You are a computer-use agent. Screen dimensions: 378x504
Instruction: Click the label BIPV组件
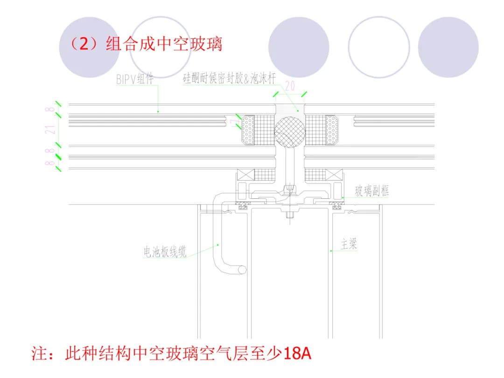(x=135, y=79)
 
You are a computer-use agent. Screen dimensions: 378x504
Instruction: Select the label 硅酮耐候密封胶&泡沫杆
(x=229, y=79)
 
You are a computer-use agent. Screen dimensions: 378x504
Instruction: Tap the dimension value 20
(x=290, y=85)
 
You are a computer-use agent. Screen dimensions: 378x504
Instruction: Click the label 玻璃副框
(x=372, y=190)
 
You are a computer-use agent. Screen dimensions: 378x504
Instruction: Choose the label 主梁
(x=349, y=244)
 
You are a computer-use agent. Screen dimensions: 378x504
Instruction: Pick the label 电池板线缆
(x=165, y=252)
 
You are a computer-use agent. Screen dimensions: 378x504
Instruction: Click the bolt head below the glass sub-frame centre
(x=289, y=216)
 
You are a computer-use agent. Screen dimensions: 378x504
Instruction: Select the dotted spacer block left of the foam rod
(x=248, y=129)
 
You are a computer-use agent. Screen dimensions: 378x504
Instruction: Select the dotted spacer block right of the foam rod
(x=332, y=129)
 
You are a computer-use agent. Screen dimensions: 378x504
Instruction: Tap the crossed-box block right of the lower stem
(x=334, y=175)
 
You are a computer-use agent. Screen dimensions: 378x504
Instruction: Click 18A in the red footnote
(x=297, y=353)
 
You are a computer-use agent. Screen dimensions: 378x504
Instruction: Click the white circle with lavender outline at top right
(x=378, y=47)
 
